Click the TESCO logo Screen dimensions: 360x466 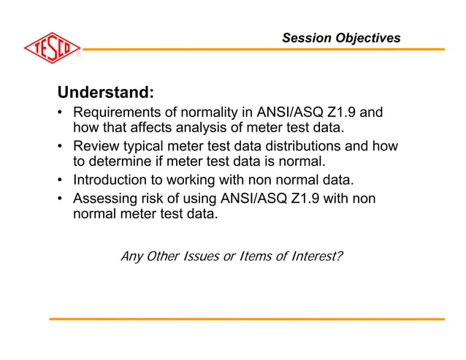click(x=51, y=49)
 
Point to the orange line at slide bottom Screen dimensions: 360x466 click(x=247, y=319)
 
